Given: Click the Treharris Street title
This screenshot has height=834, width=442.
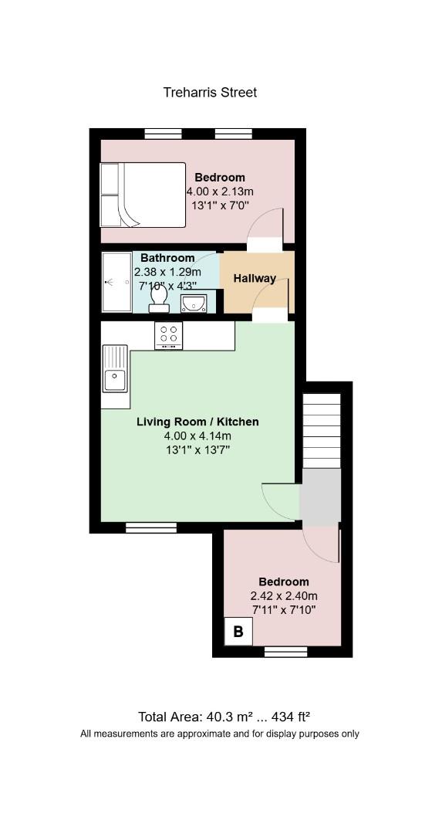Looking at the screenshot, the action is point(210,93).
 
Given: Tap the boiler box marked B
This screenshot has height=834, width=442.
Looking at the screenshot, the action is point(238,632).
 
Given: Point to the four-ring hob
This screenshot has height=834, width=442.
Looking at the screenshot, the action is point(168,335).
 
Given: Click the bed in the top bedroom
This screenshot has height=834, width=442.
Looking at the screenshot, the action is point(143,195).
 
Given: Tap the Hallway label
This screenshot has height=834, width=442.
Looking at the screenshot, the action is point(255,278).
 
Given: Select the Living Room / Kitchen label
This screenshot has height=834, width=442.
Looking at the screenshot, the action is point(198,422).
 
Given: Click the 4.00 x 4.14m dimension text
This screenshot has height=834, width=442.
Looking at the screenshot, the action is point(198,436).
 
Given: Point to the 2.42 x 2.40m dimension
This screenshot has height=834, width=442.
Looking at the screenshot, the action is point(284,595).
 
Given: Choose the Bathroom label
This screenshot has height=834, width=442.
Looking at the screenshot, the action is point(167,258).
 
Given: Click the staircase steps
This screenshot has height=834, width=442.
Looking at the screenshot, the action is point(322,431).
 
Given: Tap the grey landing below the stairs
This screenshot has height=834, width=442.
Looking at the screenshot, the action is point(320,495).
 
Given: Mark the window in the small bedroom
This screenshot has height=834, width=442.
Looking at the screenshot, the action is point(286,652).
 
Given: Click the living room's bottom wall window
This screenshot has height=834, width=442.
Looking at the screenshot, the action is point(151,527).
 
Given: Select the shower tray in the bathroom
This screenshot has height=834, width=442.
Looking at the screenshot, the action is point(116,282).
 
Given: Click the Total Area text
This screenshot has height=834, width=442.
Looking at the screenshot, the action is point(224,717).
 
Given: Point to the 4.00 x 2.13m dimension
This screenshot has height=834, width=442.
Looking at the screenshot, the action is point(220,191).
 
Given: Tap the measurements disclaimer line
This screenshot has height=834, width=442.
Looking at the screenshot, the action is point(220,734).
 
